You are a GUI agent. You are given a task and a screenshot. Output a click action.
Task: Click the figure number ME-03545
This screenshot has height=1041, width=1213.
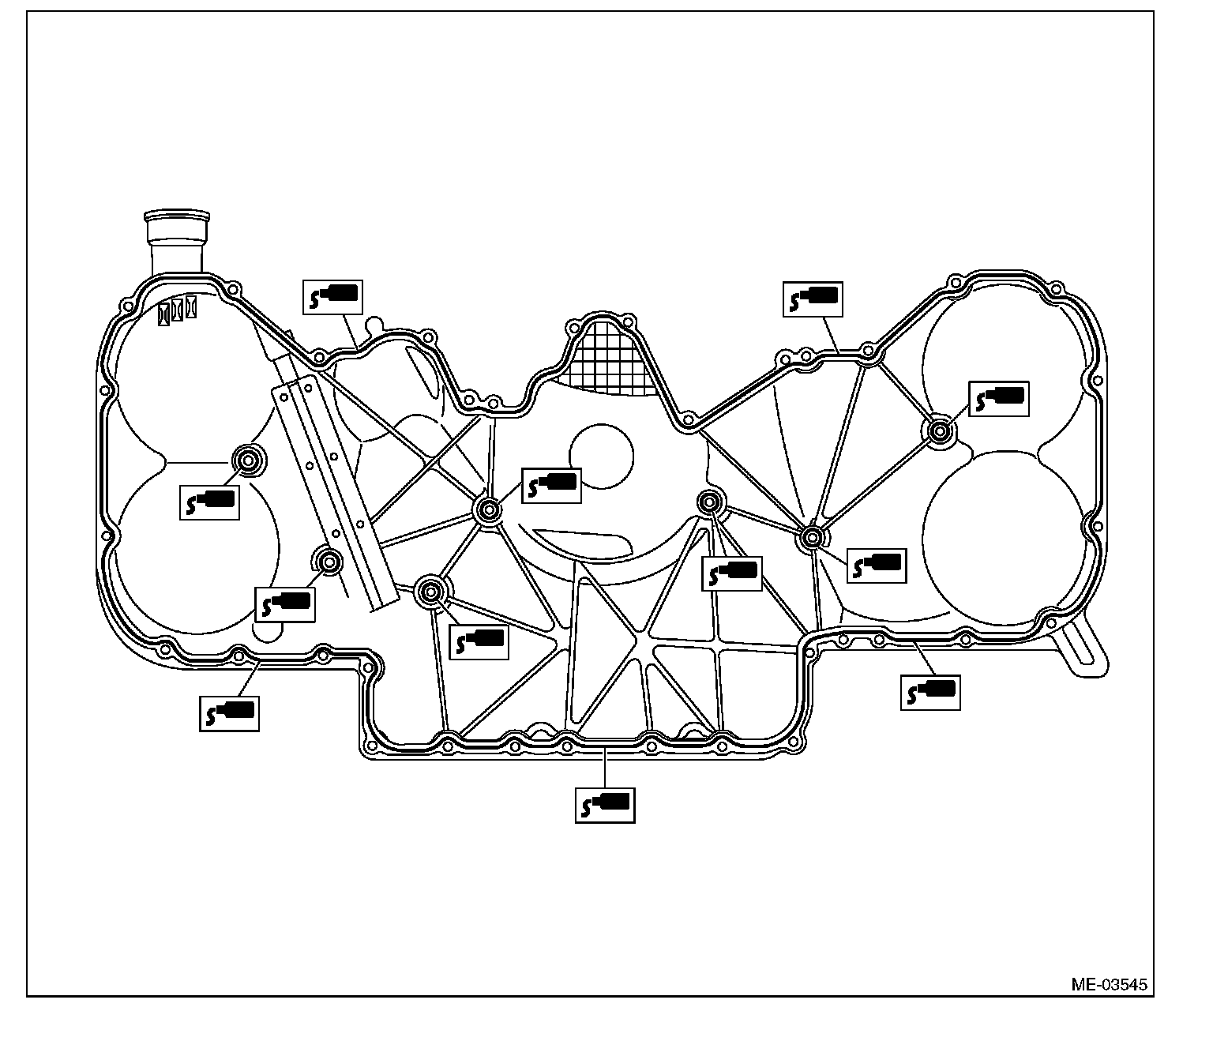(1109, 985)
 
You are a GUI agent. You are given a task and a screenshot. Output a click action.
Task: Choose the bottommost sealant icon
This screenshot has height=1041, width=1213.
(605, 805)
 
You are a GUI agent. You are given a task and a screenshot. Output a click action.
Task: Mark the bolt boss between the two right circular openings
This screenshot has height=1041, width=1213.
(939, 431)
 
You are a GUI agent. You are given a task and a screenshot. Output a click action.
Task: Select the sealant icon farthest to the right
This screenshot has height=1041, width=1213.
(999, 399)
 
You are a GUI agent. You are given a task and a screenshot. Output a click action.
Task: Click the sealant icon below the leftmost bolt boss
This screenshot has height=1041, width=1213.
(209, 503)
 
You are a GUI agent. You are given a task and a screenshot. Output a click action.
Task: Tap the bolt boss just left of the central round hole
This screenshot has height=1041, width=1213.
(487, 509)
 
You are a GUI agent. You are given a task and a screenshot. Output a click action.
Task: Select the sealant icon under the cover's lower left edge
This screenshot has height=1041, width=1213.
(229, 713)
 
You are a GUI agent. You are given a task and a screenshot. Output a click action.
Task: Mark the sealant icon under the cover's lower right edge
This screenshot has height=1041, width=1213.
(931, 691)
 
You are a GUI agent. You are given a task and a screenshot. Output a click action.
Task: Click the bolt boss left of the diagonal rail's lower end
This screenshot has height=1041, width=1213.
(329, 562)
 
